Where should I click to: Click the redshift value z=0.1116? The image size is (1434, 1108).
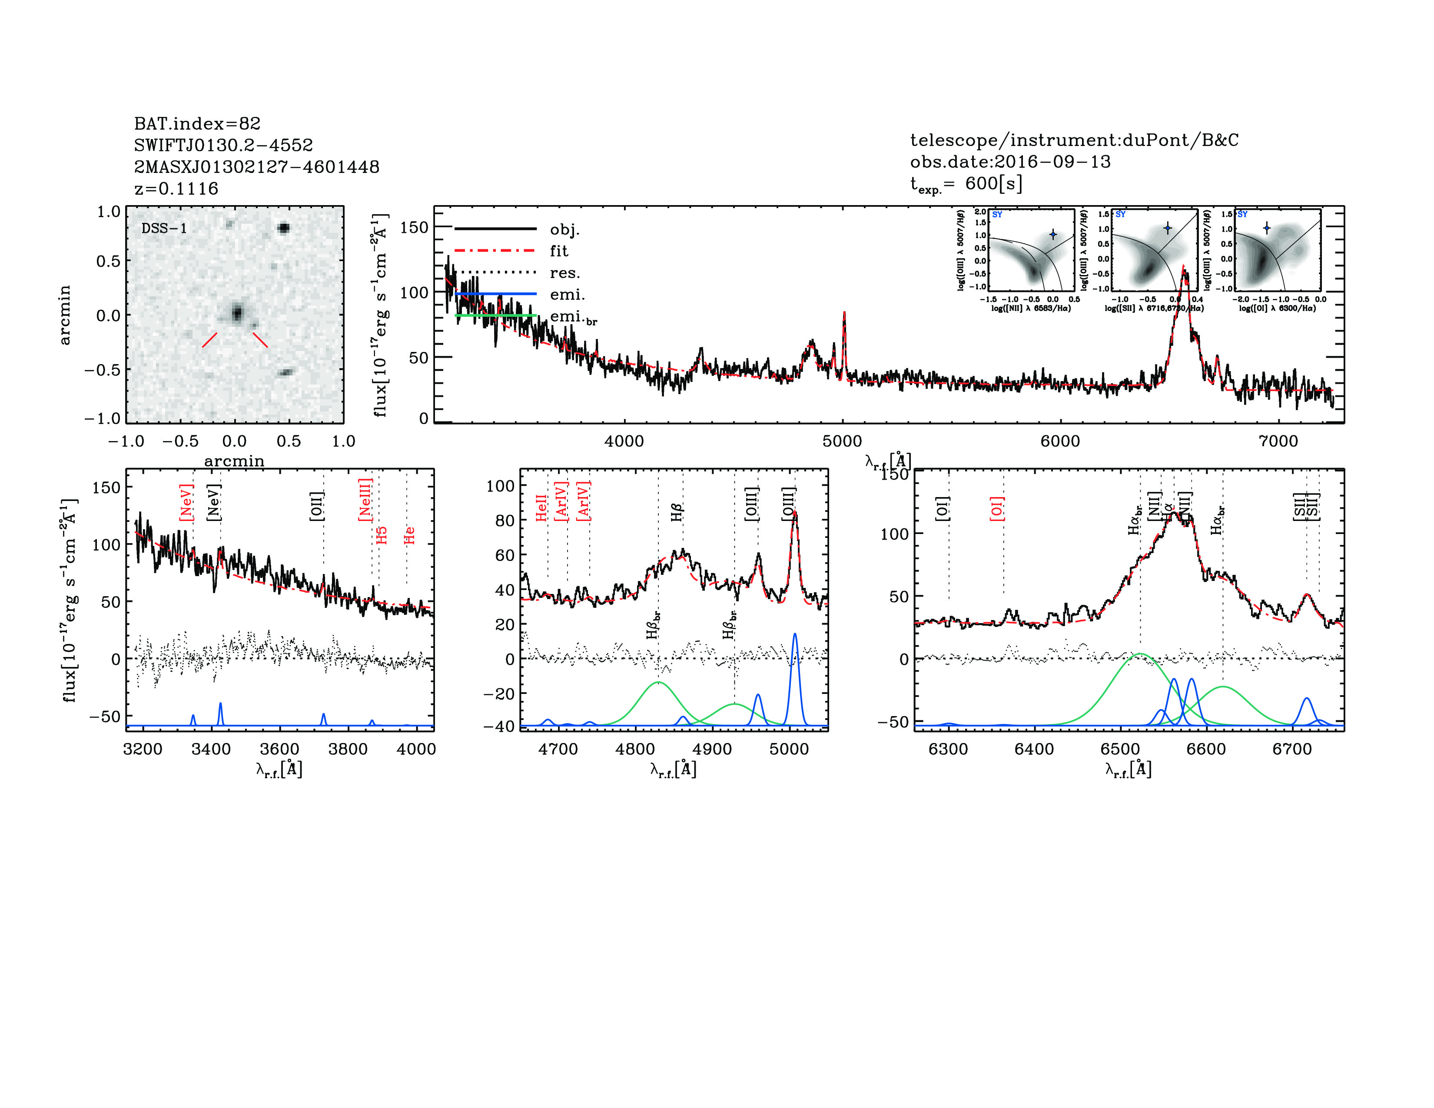176,189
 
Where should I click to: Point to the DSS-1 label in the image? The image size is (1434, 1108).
164,229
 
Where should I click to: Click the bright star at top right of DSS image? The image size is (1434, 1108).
284,228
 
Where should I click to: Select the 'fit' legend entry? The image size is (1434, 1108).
559,251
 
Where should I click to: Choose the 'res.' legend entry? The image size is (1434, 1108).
564,272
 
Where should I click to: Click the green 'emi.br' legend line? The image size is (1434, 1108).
496,316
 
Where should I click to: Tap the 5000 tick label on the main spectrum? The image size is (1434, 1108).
843,441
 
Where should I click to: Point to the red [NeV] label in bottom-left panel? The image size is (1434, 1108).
186,504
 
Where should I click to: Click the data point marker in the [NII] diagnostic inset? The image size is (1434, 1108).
1053,234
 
